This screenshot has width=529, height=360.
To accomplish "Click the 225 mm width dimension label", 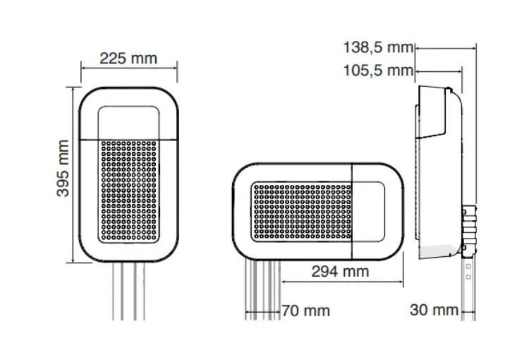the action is (x=128, y=59).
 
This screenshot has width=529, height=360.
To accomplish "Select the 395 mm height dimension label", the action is (x=63, y=168).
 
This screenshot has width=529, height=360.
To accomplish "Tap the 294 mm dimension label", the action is (x=340, y=272).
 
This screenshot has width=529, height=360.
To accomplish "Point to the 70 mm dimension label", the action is (x=305, y=311).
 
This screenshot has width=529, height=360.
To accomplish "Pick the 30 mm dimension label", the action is (x=434, y=310).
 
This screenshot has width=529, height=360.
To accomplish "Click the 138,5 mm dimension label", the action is (x=378, y=47).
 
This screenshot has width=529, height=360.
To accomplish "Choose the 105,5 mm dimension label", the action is (x=378, y=71).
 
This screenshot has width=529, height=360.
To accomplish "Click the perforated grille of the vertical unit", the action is (x=129, y=191).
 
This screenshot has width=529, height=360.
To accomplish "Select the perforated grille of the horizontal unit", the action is (x=302, y=212).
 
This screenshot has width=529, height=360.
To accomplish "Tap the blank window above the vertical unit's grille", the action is (x=128, y=123).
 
